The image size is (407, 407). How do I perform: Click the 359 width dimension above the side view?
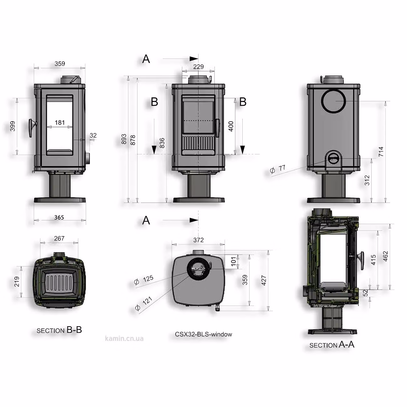point(60,64)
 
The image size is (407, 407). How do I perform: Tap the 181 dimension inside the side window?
point(60,122)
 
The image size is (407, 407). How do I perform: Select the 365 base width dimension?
point(59,217)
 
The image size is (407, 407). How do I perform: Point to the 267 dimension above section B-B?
point(59,238)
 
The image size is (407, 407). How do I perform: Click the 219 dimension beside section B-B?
point(17,281)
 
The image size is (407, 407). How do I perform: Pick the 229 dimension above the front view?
point(198,67)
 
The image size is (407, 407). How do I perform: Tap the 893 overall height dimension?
point(124,139)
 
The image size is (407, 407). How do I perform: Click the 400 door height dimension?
point(231,126)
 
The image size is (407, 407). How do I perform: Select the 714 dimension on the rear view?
point(381,152)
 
